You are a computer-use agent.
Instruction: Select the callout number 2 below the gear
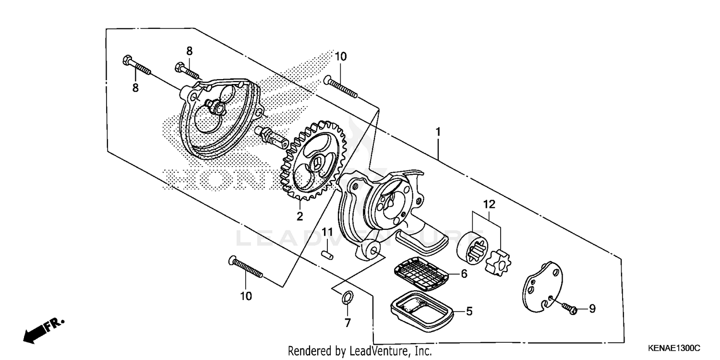pos(300,216)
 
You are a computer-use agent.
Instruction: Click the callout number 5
pos(469,312)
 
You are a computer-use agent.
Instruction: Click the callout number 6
pos(464,274)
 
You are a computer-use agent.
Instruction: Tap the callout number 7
pos(348,323)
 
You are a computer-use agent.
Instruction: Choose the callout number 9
pos(592,309)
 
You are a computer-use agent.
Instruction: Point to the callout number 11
pos(327,233)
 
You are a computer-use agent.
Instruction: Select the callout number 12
pos(489,204)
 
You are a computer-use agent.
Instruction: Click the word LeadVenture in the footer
pos(381,351)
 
